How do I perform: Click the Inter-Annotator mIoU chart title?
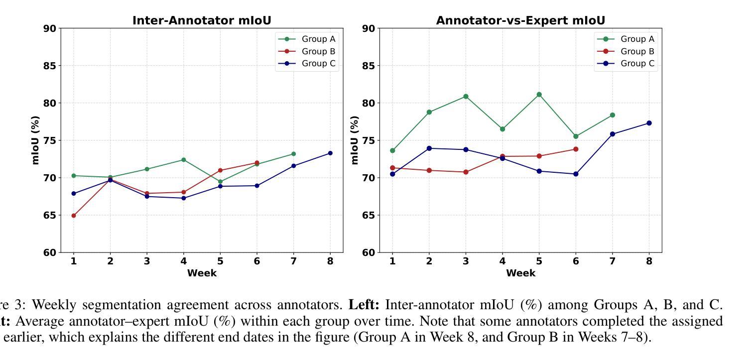pyautogui.click(x=202, y=20)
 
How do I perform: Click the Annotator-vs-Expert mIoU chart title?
pyautogui.click(x=520, y=20)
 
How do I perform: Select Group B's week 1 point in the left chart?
pyautogui.click(x=74, y=216)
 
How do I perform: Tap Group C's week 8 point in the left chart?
pyautogui.click(x=330, y=153)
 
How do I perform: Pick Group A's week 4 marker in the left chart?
pyautogui.click(x=184, y=160)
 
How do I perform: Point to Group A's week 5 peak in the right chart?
pyautogui.click(x=539, y=95)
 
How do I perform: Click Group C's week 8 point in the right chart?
pyautogui.click(x=649, y=123)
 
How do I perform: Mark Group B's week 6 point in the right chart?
pyautogui.click(x=576, y=149)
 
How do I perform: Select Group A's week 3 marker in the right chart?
pyautogui.click(x=466, y=97)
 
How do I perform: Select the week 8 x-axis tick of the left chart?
pyautogui.click(x=330, y=260)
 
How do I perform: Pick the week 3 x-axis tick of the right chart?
pyautogui.click(x=466, y=260)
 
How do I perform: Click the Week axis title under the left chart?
pyautogui.click(x=202, y=273)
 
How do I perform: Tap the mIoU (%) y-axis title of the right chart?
pyautogui.click(x=355, y=140)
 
